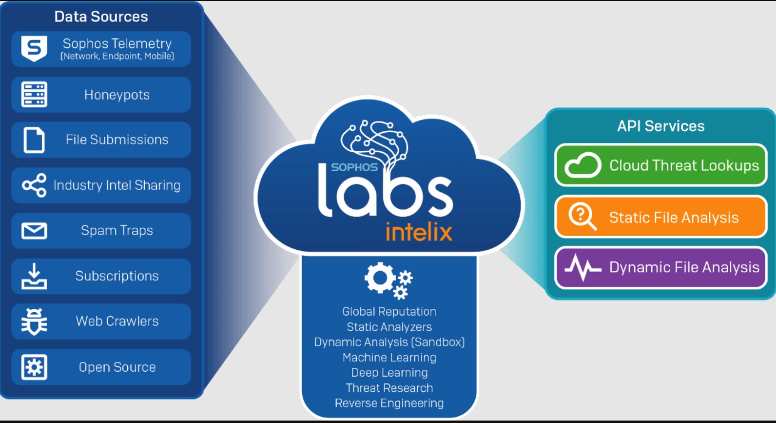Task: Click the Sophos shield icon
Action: click(34, 48)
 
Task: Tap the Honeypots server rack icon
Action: click(34, 94)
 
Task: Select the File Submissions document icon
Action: click(34, 140)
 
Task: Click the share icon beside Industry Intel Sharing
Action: click(34, 185)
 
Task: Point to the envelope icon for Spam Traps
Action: click(34, 231)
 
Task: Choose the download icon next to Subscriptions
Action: click(34, 276)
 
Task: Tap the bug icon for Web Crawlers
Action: click(34, 322)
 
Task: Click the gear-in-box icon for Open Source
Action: click(34, 367)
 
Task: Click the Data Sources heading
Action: click(101, 17)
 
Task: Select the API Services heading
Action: click(661, 126)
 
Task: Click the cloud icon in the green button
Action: click(582, 165)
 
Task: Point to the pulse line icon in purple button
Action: click(582, 267)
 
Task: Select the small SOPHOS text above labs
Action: click(354, 167)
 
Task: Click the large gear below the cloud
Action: click(380, 278)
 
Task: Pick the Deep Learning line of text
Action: click(389, 373)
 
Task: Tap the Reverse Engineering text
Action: click(389, 403)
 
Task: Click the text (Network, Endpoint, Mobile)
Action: click(117, 56)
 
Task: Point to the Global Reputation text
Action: click(389, 312)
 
